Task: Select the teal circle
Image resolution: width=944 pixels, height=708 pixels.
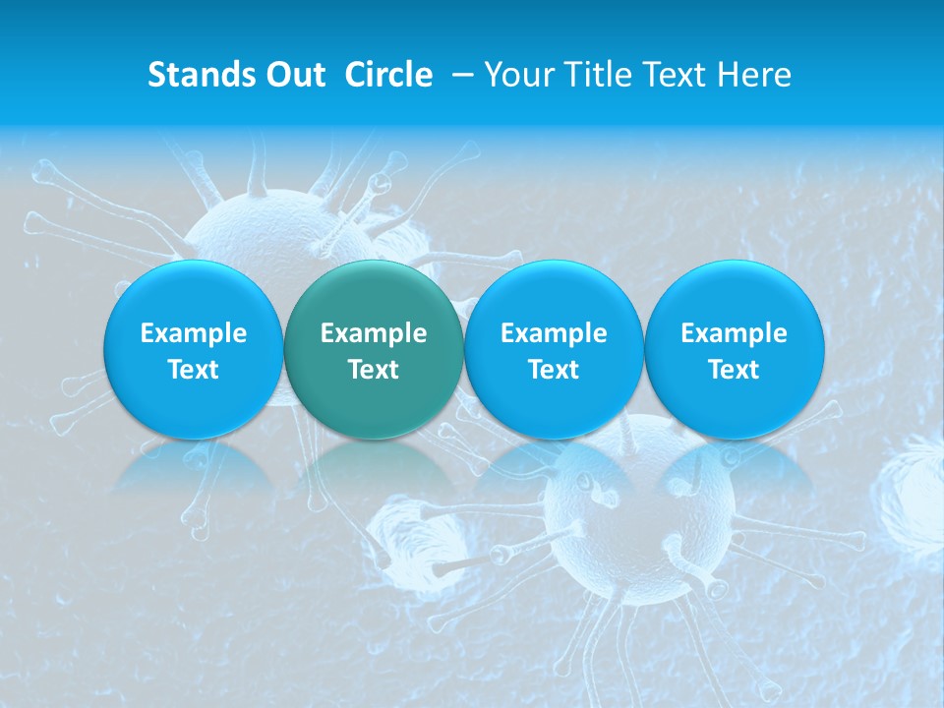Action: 373,349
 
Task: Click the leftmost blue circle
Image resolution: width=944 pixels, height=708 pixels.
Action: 193,349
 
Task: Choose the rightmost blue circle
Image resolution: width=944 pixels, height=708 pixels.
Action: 734,349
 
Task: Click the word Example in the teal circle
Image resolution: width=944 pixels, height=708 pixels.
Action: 374,333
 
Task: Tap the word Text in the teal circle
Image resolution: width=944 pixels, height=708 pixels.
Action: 374,370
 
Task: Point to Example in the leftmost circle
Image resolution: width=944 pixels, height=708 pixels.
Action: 194,333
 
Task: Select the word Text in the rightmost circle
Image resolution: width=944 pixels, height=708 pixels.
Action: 735,370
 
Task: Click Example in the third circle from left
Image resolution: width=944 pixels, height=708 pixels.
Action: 554,333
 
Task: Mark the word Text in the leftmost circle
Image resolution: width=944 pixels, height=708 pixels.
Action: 194,370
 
